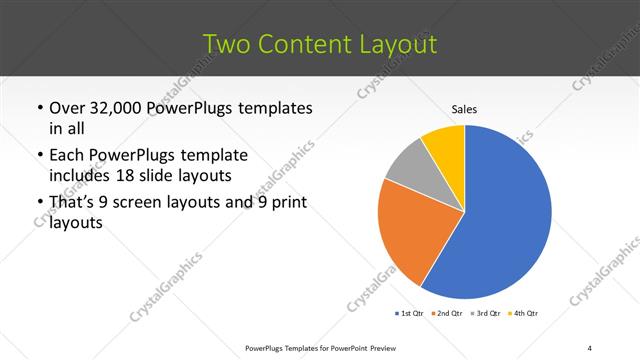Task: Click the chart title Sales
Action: click(x=465, y=109)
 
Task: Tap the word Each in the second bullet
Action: click(x=66, y=156)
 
